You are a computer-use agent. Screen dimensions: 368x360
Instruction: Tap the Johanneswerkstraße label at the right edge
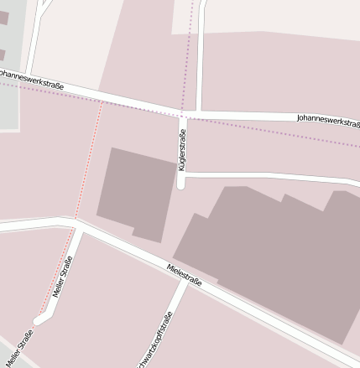click(327, 120)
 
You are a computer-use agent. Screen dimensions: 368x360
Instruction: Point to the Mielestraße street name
click(185, 276)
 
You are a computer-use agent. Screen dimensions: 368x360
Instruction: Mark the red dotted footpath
click(87, 163)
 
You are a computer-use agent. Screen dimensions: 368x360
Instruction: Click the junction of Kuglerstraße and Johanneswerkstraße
click(182, 113)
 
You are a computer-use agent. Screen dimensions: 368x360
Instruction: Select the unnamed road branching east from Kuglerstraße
click(269, 177)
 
